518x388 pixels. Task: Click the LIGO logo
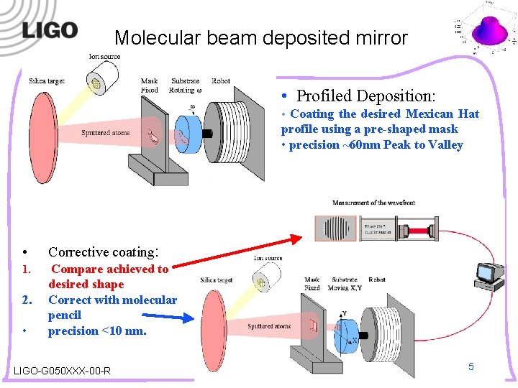click(x=49, y=30)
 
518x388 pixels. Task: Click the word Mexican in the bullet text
click(x=430, y=114)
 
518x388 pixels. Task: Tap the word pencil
click(x=65, y=315)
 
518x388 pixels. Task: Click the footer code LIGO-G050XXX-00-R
click(x=62, y=371)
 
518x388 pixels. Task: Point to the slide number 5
click(x=471, y=366)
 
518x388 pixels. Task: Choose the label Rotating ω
click(x=186, y=91)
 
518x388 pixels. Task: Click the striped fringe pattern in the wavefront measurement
click(x=338, y=228)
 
